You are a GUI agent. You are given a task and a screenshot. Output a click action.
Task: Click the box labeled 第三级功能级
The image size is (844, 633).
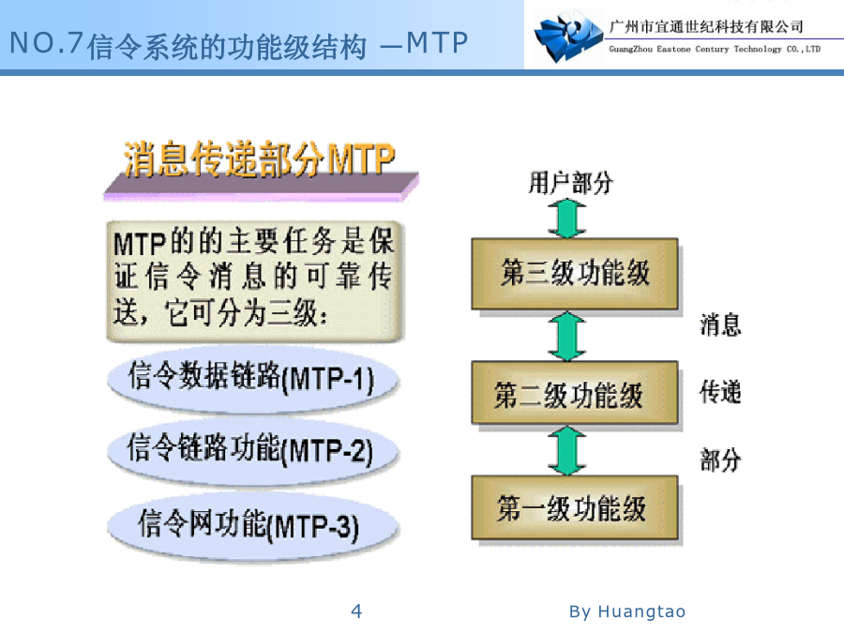pyautogui.click(x=574, y=274)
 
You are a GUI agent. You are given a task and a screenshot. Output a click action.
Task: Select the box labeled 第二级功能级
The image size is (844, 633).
pyautogui.click(x=574, y=392)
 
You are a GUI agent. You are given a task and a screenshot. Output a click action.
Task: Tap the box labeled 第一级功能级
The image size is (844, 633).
pyautogui.click(x=574, y=507)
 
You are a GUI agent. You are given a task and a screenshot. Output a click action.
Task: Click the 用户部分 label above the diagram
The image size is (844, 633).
pyautogui.click(x=570, y=183)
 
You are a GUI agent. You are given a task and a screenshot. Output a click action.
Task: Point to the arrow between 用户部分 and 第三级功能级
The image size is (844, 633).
pyautogui.click(x=567, y=219)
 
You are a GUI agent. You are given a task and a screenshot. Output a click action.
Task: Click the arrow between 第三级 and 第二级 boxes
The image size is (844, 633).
pyautogui.click(x=567, y=336)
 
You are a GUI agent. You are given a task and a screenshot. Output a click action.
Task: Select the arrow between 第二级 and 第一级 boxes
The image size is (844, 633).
pyautogui.click(x=567, y=450)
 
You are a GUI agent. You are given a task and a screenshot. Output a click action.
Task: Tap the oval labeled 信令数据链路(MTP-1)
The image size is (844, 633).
pyautogui.click(x=252, y=379)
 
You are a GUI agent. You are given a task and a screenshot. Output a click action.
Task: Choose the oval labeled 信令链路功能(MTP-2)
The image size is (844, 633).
pyautogui.click(x=252, y=451)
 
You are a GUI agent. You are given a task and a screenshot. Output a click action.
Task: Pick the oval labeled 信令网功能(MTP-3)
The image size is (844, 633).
pyautogui.click(x=252, y=526)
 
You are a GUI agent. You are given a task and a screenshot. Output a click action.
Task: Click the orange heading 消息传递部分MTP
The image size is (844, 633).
pyautogui.click(x=260, y=159)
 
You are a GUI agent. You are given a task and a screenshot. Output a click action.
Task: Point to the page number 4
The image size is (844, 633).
pyautogui.click(x=356, y=610)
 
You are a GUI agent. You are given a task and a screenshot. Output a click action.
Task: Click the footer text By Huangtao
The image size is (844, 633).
pyautogui.click(x=627, y=611)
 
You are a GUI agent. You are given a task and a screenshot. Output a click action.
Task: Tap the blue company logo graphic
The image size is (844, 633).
pyautogui.click(x=568, y=37)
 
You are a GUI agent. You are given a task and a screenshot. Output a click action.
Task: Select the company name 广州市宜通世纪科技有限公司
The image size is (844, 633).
pyautogui.click(x=706, y=26)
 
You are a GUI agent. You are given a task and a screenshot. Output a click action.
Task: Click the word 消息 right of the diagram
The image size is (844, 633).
pyautogui.click(x=720, y=325)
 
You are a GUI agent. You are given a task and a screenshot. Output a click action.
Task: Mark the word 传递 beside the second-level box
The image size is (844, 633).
pyautogui.click(x=720, y=392)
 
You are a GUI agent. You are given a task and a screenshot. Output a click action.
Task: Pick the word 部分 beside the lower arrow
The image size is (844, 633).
pyautogui.click(x=720, y=460)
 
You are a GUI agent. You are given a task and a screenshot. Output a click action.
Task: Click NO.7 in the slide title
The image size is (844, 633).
pyautogui.click(x=46, y=43)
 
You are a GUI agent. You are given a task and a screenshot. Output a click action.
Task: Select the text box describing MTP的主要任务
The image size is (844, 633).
pyautogui.click(x=255, y=281)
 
